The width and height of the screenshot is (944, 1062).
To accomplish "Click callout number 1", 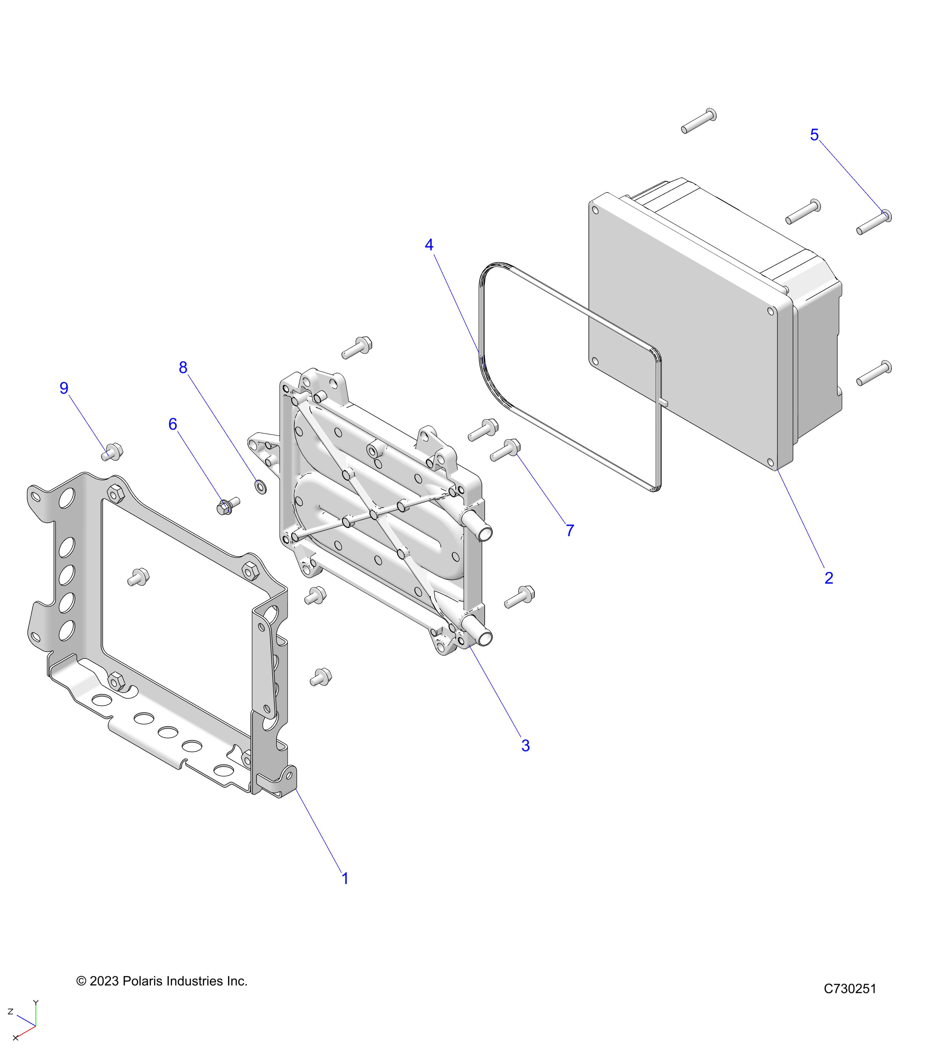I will (x=345, y=879).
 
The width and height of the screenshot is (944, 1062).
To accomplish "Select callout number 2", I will (x=829, y=578).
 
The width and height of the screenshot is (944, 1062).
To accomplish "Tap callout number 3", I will (x=525, y=745).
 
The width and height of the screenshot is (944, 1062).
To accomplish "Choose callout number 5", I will (x=814, y=135).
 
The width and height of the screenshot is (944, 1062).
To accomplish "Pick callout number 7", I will (x=570, y=530).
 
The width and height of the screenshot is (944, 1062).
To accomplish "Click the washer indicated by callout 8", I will (x=260, y=487).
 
